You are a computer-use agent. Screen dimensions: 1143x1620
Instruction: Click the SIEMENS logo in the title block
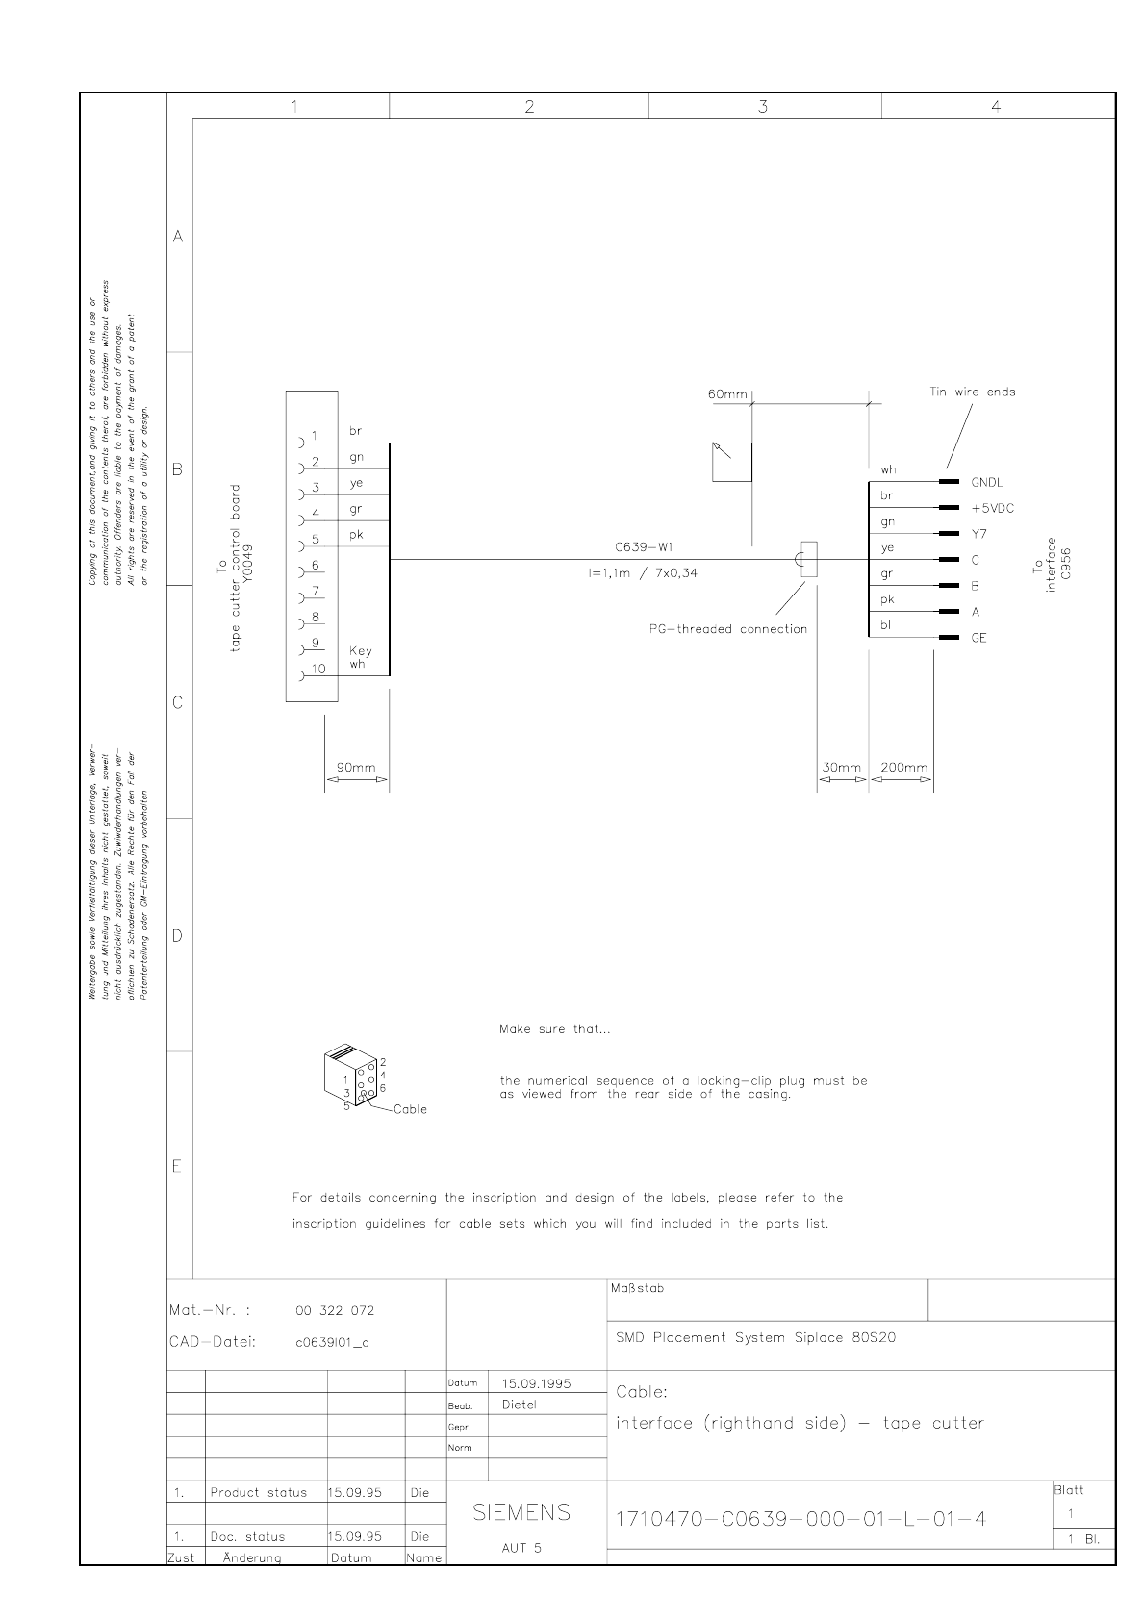521,1512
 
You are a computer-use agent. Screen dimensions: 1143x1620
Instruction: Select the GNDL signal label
987,482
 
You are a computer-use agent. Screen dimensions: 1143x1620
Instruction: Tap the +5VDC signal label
993,509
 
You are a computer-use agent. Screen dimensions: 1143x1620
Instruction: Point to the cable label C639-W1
644,547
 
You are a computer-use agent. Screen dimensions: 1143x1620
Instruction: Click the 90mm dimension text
356,768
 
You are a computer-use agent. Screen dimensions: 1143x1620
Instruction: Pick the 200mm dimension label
903,768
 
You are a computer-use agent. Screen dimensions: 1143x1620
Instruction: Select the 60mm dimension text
727,394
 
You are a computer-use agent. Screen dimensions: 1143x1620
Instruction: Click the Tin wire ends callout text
973,392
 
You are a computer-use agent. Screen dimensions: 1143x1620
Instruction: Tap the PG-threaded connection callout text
727,629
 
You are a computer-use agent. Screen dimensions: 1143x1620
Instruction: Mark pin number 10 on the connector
318,669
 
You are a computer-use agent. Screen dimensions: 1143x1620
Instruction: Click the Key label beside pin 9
360,651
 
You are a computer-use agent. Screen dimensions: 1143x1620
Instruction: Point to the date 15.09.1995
536,1383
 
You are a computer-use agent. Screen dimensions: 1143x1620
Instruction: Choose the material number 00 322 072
334,1310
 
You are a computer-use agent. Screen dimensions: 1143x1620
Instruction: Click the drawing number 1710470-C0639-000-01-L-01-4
800,1519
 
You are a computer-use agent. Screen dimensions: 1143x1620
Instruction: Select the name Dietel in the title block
519,1405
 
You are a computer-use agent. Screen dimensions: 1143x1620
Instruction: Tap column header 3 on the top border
763,107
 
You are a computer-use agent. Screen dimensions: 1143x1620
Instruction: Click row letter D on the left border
177,936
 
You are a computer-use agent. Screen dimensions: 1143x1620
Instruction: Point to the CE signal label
978,638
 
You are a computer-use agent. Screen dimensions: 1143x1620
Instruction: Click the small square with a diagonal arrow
731,462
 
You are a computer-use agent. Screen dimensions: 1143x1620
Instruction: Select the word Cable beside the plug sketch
410,1109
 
